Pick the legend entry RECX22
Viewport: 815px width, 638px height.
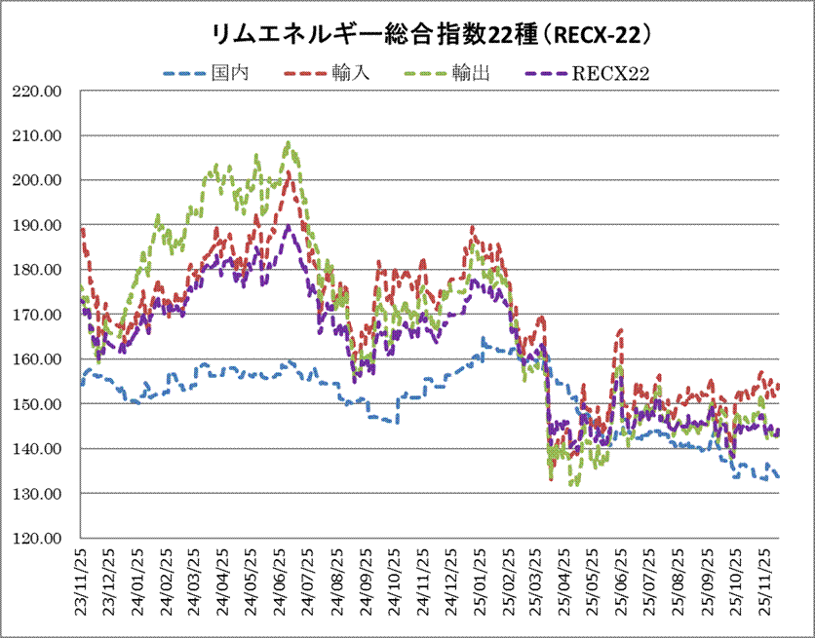point(611,72)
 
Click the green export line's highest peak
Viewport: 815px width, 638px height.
point(288,143)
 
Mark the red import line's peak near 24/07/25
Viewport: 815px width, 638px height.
point(289,173)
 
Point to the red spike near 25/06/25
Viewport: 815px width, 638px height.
point(620,331)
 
